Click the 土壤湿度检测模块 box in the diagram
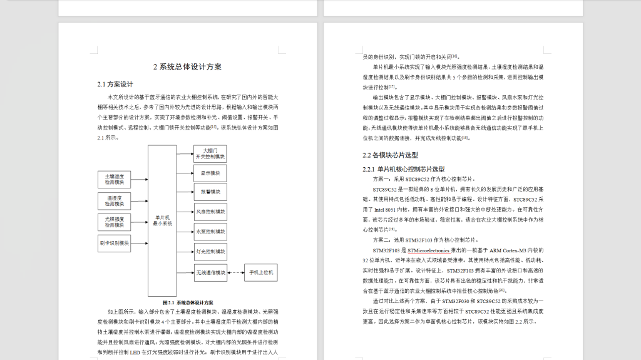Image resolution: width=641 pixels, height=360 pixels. (x=114, y=180)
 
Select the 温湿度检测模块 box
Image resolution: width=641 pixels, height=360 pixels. (x=114, y=201)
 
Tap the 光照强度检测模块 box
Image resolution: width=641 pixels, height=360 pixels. (x=114, y=222)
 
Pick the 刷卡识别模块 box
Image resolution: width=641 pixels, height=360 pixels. (x=114, y=243)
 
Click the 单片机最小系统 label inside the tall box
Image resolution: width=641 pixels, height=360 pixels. (x=162, y=221)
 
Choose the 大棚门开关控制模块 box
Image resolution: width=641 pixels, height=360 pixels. (x=210, y=153)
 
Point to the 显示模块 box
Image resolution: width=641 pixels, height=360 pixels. (x=210, y=173)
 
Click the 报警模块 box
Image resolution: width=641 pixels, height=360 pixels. (x=210, y=192)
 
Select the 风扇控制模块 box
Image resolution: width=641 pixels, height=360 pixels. (x=210, y=212)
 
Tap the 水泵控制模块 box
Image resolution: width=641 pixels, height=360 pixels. (x=210, y=232)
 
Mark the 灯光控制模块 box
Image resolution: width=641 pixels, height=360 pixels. (x=210, y=252)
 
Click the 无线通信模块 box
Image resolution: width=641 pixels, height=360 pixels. (x=210, y=272)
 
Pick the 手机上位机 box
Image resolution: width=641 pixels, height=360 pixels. (x=261, y=272)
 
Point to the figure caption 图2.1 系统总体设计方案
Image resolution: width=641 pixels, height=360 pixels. (x=187, y=302)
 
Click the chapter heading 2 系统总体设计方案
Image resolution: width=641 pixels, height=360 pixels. (x=187, y=67)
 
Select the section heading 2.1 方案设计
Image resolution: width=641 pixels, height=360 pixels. (x=115, y=84)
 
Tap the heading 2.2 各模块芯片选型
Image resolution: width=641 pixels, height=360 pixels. (x=390, y=155)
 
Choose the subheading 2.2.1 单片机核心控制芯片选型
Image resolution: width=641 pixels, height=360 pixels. (x=404, y=169)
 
